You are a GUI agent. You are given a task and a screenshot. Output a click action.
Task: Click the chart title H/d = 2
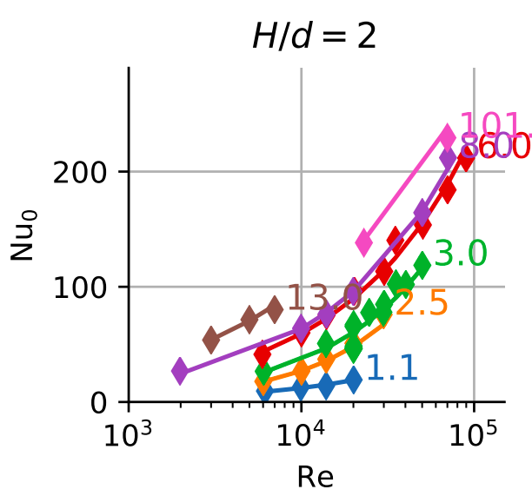(x=314, y=37)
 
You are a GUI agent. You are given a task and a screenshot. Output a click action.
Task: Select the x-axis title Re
(x=315, y=476)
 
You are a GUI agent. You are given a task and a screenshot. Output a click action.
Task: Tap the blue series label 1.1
(x=392, y=368)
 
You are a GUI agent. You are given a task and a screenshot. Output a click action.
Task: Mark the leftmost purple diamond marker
(x=180, y=371)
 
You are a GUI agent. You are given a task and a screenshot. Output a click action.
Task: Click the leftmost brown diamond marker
(x=210, y=340)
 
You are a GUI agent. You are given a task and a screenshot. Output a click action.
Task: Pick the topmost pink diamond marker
(x=448, y=136)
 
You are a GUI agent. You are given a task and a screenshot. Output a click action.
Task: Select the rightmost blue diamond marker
(x=353, y=380)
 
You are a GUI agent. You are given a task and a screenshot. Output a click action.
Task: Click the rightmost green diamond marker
(x=422, y=264)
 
